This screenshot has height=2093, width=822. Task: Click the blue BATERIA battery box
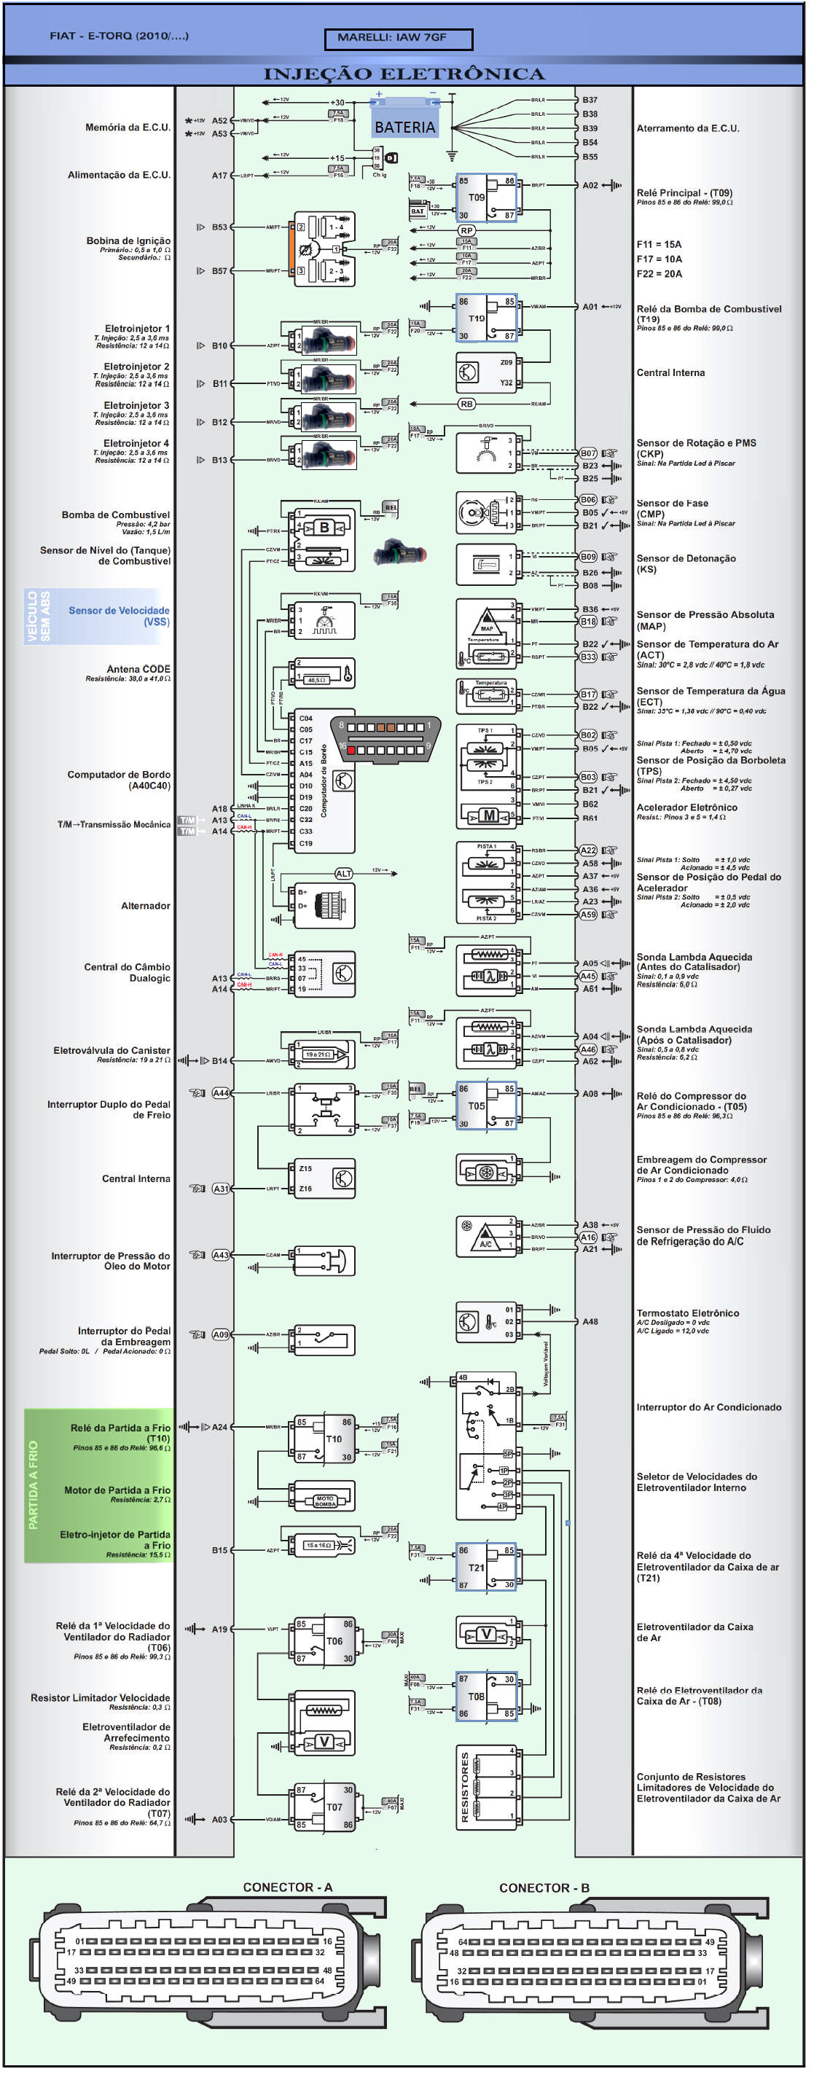tap(404, 126)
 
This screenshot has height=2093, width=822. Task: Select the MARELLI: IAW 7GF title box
tap(397, 37)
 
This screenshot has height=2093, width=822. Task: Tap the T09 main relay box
tap(486, 197)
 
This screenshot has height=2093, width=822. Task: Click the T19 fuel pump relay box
tap(486, 318)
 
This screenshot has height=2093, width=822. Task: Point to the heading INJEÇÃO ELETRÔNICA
tap(404, 74)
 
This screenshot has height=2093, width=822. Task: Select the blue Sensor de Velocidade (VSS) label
tap(119, 615)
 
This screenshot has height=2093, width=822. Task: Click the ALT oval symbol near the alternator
tap(343, 874)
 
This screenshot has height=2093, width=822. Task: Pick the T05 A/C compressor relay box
tap(486, 1105)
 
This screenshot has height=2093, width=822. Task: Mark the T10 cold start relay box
tap(324, 1439)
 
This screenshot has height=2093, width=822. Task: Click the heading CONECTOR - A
tap(288, 1887)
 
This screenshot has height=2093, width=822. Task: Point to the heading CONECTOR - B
tap(544, 1887)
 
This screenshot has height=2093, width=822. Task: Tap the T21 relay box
tap(486, 1567)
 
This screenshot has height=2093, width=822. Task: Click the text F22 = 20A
tap(659, 274)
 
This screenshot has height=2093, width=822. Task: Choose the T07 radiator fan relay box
tap(324, 1807)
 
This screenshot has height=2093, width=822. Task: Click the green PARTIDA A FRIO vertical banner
tap(34, 1484)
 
